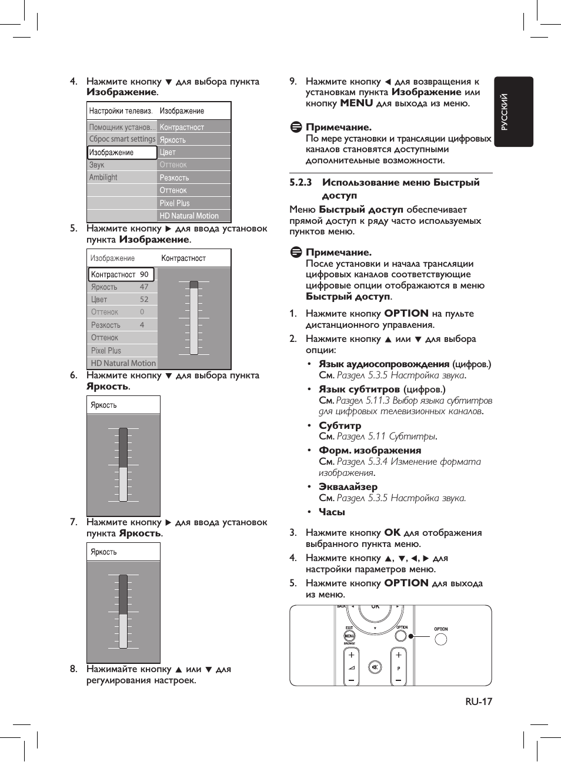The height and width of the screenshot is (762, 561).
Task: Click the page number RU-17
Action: [x=478, y=701]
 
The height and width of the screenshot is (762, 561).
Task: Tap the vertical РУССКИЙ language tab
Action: [x=505, y=112]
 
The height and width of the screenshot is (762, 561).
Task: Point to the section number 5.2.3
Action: [x=300, y=183]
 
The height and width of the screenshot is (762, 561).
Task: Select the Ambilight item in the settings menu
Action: [x=103, y=177]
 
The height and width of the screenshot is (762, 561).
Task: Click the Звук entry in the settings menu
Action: [x=97, y=165]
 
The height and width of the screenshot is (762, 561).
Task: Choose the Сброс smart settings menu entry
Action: [x=122, y=139]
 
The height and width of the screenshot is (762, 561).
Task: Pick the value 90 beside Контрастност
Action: [x=144, y=274]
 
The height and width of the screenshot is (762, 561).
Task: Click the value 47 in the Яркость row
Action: [x=144, y=287]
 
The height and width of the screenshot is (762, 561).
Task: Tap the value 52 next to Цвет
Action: [x=144, y=300]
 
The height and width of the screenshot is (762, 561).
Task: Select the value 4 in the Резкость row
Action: [x=142, y=325]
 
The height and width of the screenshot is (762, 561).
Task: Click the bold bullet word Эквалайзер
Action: [x=348, y=487]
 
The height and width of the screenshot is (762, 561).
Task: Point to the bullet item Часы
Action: [x=332, y=512]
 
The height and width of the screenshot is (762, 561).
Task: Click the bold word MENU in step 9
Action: [x=356, y=103]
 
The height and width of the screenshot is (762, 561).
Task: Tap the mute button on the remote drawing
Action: [x=375, y=667]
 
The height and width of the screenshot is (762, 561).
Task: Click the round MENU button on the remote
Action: [x=349, y=636]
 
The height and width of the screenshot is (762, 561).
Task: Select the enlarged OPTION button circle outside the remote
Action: [x=440, y=639]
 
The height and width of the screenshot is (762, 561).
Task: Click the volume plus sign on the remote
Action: [x=351, y=655]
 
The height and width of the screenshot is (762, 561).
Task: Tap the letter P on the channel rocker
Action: [x=398, y=669]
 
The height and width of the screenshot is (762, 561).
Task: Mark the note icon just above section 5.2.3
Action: [x=296, y=127]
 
